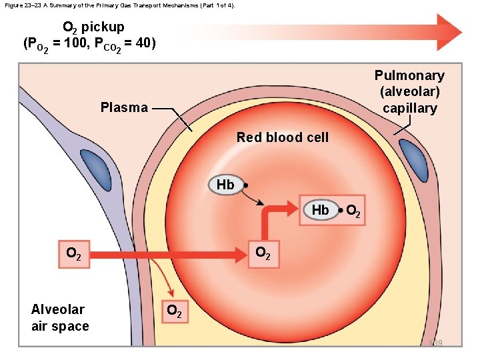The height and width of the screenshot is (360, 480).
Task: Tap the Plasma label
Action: [124, 107]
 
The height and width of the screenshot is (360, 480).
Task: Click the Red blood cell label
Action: [282, 138]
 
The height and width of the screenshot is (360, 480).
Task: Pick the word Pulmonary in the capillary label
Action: [409, 75]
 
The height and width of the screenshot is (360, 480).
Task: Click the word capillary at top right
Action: [409, 108]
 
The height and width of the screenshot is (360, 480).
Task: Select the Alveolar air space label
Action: [59, 317]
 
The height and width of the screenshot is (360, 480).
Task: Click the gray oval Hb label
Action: [225, 185]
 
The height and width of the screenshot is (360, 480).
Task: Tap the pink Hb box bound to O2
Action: [320, 210]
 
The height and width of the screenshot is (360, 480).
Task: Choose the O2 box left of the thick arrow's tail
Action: [73, 254]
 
